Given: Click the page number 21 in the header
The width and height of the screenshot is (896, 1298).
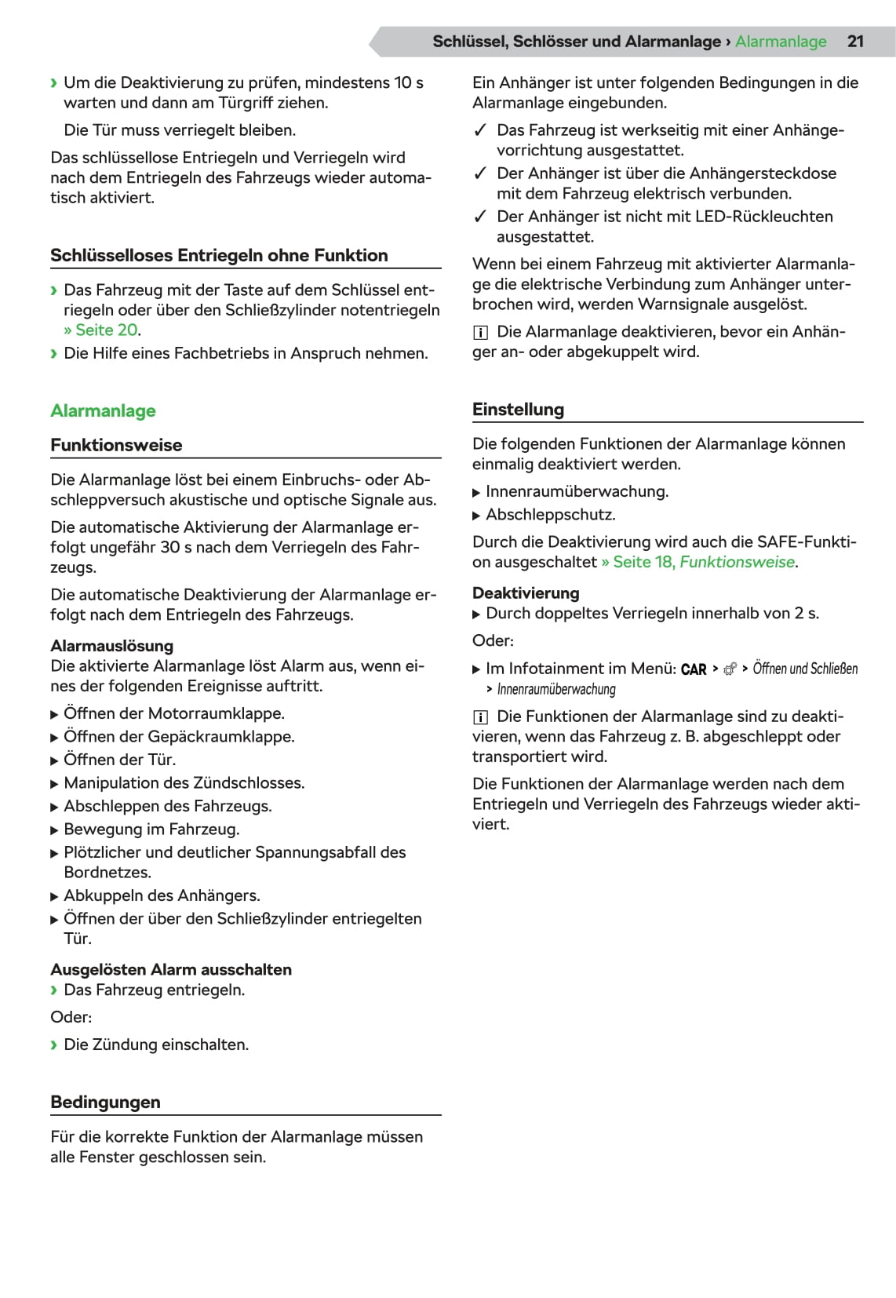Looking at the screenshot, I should tap(854, 42).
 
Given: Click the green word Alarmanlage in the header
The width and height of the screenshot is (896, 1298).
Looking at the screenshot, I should tap(780, 42).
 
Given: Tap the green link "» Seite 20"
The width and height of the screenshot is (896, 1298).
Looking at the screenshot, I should tap(102, 330).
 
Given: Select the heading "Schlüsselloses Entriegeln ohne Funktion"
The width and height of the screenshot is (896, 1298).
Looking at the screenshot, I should tap(219, 256).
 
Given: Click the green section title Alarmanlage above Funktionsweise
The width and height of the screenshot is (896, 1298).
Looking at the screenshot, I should tap(103, 411).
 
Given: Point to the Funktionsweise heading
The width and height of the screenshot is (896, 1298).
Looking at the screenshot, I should tap(116, 446).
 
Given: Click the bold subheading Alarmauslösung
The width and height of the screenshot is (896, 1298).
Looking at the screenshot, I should tap(111, 646).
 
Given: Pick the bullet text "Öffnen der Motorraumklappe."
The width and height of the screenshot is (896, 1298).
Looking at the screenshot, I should tap(173, 713).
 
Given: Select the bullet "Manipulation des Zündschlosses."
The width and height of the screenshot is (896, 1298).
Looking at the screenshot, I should tap(184, 782).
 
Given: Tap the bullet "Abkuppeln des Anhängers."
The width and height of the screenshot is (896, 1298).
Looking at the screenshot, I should tap(162, 895).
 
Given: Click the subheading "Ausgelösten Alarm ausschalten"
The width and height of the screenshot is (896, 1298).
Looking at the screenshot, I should tap(171, 970).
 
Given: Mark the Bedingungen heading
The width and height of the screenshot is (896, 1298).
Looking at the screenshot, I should tap(105, 1103).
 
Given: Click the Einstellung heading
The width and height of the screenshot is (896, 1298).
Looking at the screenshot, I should tap(518, 410).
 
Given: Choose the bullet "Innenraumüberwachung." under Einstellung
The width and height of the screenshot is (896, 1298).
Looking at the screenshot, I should tap(577, 492).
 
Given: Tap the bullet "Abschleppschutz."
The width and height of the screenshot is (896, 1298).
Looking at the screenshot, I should tap(550, 515).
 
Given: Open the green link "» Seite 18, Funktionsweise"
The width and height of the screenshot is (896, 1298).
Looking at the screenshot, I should tap(698, 562).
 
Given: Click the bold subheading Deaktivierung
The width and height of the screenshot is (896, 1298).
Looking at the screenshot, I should tap(526, 593).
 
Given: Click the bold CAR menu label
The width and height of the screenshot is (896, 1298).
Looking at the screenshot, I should tap(694, 669).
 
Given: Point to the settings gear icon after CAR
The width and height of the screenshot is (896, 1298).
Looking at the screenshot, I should tap(730, 669).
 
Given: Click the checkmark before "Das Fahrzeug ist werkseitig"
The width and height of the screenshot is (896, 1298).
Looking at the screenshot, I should tap(481, 130).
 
